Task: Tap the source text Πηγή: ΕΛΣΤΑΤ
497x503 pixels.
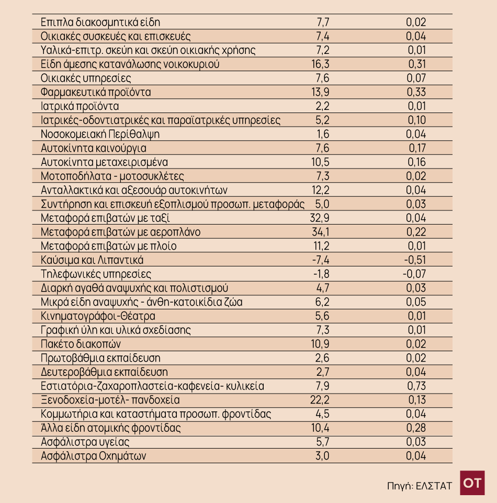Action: click(x=419, y=485)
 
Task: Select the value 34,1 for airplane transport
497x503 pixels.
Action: click(x=320, y=232)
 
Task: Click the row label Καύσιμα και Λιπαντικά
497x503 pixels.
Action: click(x=92, y=260)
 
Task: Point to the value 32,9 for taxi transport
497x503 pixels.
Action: click(x=320, y=218)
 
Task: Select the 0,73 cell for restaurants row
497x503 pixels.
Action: click(x=416, y=386)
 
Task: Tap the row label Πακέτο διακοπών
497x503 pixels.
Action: click(x=81, y=344)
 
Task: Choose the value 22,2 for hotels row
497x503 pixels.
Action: click(x=320, y=400)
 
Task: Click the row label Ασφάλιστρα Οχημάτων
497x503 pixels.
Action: click(x=93, y=456)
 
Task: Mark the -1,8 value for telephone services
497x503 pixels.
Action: click(x=321, y=274)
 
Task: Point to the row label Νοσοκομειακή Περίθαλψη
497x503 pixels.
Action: click(x=100, y=134)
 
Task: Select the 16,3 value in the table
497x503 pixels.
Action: click(x=320, y=64)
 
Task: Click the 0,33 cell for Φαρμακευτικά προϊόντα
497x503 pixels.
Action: click(x=416, y=92)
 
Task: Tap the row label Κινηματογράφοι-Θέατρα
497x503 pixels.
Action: click(x=98, y=316)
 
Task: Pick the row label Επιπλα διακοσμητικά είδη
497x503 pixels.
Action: click(x=100, y=23)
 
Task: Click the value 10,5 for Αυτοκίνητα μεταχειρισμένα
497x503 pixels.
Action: click(x=320, y=162)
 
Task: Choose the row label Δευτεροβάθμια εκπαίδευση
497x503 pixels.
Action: click(x=104, y=372)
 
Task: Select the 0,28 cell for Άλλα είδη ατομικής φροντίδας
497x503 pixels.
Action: click(x=416, y=428)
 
